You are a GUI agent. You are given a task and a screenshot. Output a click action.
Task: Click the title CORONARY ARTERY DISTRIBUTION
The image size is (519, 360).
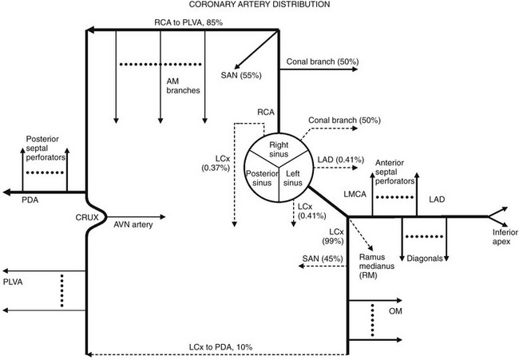(259, 6)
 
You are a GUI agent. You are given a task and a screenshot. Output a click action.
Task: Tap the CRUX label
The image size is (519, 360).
(66, 216)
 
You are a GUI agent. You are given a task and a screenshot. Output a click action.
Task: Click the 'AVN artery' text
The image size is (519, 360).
(132, 225)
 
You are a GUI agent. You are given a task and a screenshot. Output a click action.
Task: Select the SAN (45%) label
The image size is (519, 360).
(319, 259)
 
